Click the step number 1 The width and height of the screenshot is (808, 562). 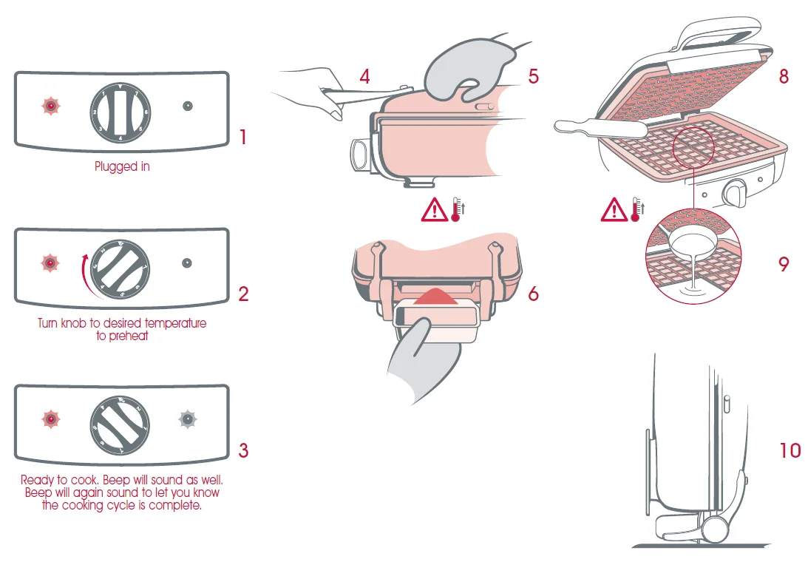[x=242, y=137]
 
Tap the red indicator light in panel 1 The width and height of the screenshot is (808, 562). [x=50, y=106]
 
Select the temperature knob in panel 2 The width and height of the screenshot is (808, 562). [x=118, y=264]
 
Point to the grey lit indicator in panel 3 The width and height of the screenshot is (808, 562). [x=188, y=420]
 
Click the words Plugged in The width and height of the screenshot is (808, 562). [x=122, y=167]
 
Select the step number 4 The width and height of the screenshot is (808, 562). [x=364, y=75]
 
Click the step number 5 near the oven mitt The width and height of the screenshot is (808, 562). [x=534, y=75]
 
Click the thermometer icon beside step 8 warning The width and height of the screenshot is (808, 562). [x=636, y=209]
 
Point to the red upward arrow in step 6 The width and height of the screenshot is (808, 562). [x=436, y=296]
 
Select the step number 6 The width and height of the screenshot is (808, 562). [x=533, y=294]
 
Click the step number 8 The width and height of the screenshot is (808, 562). [x=784, y=75]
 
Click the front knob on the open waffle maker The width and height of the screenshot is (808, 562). [x=736, y=194]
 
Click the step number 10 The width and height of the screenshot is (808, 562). [x=790, y=450]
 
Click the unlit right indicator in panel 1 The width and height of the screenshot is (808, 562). [x=188, y=106]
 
